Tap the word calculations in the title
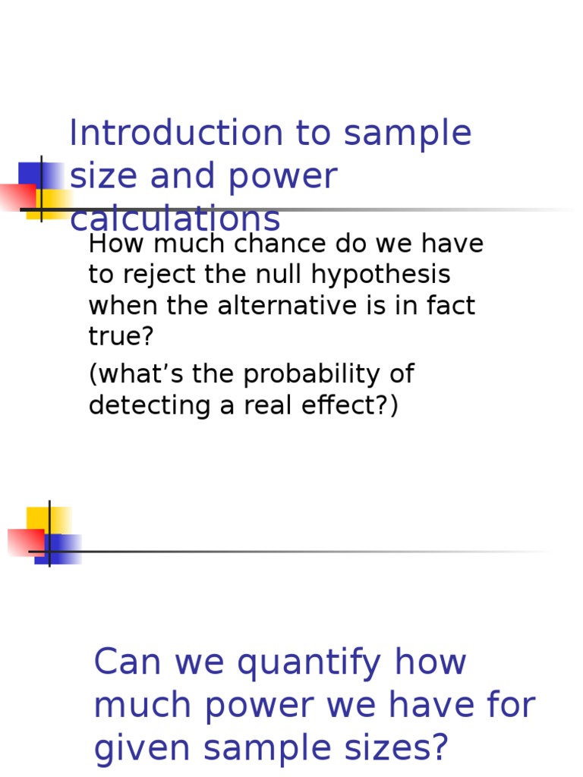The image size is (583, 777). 175,219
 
